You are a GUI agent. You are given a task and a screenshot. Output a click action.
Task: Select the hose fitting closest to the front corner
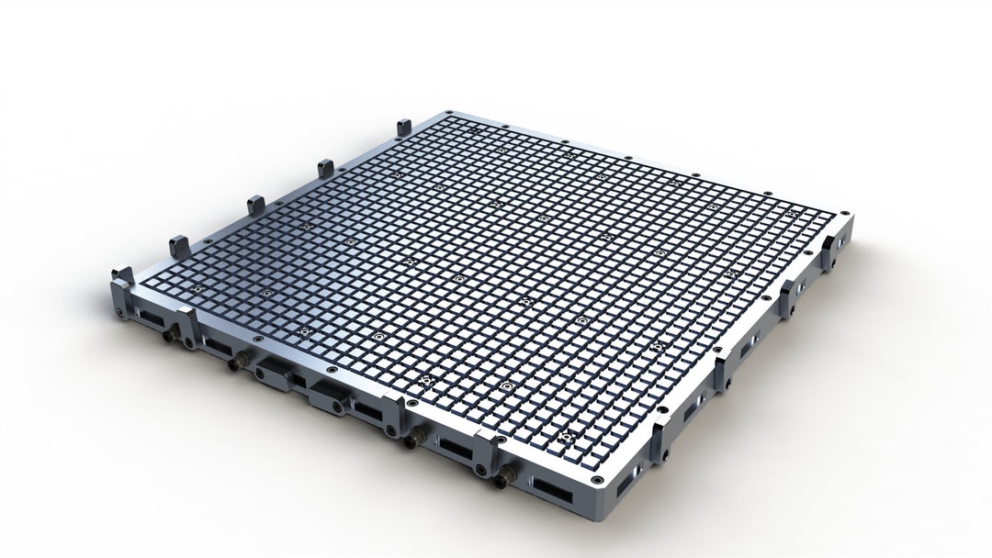pyautogui.click(x=504, y=477)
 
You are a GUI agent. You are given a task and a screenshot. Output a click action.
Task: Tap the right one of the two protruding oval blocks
pyautogui.click(x=327, y=396)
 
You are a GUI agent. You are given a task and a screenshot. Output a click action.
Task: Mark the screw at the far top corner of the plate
pyautogui.click(x=449, y=114)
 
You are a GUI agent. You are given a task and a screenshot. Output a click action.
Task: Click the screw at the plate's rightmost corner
pyautogui.click(x=844, y=214)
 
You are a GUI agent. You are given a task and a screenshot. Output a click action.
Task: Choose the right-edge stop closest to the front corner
pyautogui.click(x=659, y=441)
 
